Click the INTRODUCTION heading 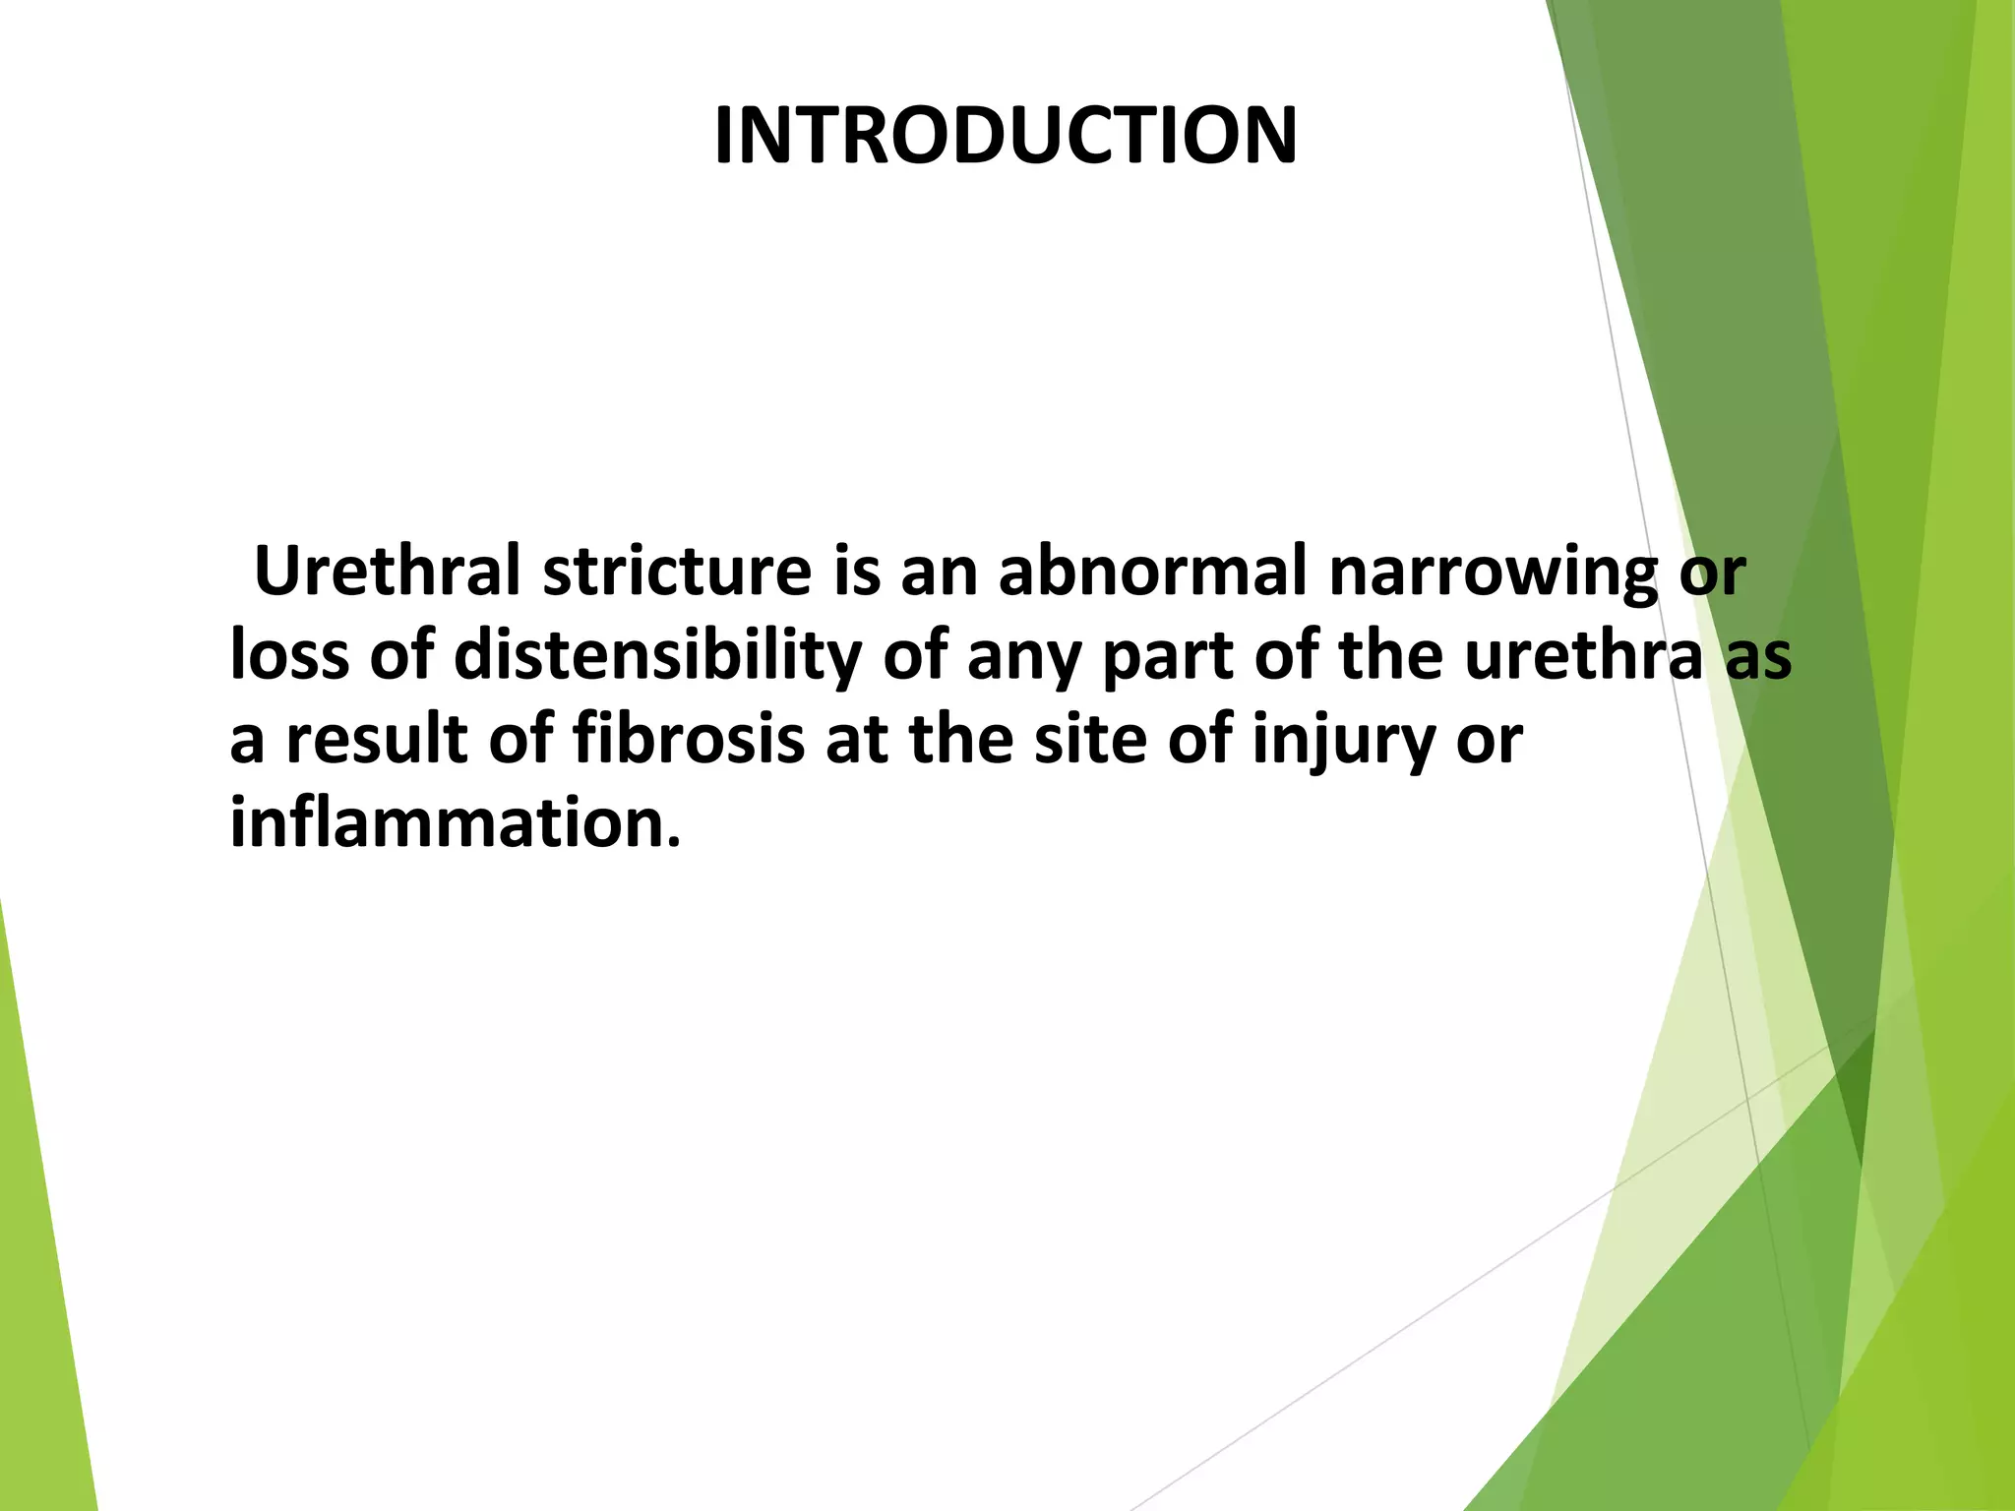pos(1006,136)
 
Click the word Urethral pos(387,571)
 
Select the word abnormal pos(1152,571)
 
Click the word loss pos(288,655)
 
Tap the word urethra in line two pos(1583,655)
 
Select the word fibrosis pos(689,740)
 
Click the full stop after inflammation pos(674,841)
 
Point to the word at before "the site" pos(856,740)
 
